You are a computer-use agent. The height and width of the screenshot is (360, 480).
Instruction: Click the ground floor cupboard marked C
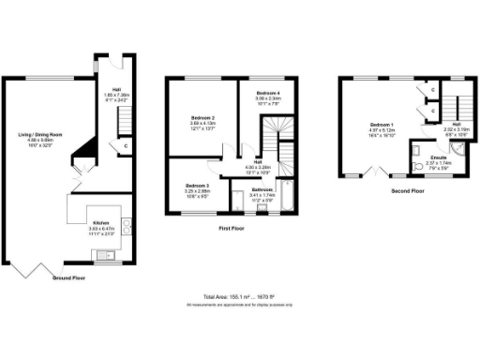[124, 146]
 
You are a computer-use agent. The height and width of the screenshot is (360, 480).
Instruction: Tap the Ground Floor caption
[68, 279]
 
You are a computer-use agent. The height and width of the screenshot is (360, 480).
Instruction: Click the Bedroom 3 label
[197, 189]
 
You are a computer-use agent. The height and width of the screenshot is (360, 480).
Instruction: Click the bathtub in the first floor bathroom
[286, 193]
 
